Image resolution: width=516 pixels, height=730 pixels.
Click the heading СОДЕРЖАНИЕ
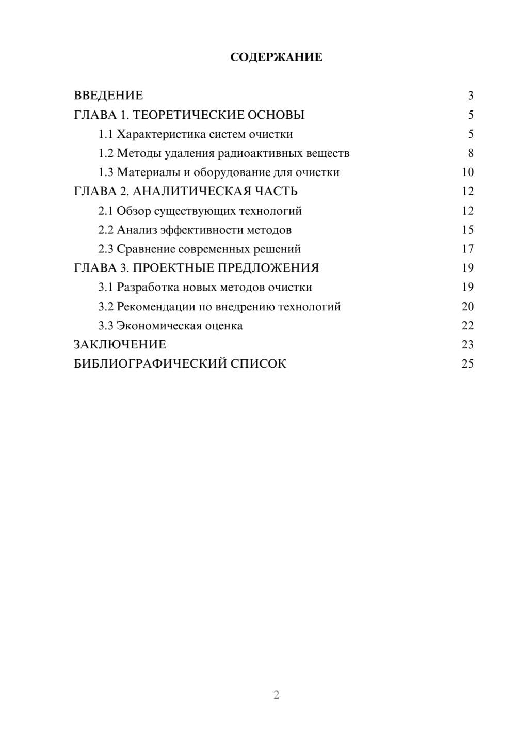coord(276,57)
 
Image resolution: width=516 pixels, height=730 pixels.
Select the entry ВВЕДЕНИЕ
coord(108,96)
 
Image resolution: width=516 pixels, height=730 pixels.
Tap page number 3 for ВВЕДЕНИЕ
coord(471,96)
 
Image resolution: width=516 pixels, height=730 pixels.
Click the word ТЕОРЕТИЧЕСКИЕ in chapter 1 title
coord(188,115)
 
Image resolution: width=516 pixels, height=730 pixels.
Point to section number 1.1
coord(106,134)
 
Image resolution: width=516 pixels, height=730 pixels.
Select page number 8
coord(471,153)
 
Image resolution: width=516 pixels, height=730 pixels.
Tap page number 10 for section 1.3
coord(467,172)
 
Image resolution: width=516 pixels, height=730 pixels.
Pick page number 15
coord(467,230)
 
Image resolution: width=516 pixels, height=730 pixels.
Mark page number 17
coord(467,249)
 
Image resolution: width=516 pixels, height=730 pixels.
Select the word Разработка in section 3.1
coord(147,287)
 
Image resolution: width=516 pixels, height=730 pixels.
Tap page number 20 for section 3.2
coord(467,307)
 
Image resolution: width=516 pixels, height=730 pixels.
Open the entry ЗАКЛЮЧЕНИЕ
coord(120,344)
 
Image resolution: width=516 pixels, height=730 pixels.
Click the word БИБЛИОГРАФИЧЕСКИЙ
coord(150,363)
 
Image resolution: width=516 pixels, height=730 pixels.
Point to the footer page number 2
coord(276,695)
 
